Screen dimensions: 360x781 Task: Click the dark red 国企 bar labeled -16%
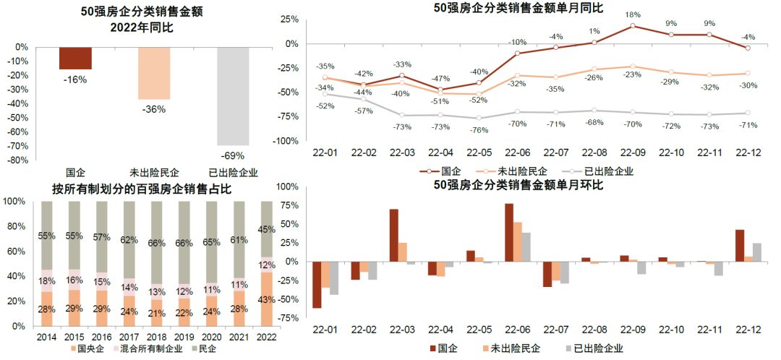pyautogui.click(x=75, y=58)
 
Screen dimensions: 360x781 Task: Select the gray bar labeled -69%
pyautogui.click(x=232, y=96)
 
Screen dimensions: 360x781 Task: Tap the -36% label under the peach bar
pyautogui.click(x=154, y=109)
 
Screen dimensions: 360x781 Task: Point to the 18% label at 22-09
pyautogui.click(x=633, y=14)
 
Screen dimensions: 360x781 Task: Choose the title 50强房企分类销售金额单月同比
pyautogui.click(x=518, y=8)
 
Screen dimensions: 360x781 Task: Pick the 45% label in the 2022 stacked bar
pyautogui.click(x=267, y=230)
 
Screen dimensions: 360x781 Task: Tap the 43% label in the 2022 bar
pyautogui.click(x=267, y=299)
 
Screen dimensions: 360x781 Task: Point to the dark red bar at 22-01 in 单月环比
pyautogui.click(x=316, y=285)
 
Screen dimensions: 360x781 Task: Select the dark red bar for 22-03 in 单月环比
pyautogui.click(x=394, y=235)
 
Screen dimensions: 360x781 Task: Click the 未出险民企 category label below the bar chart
pyautogui.click(x=154, y=173)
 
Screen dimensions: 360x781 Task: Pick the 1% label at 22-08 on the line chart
pyautogui.click(x=594, y=31)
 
